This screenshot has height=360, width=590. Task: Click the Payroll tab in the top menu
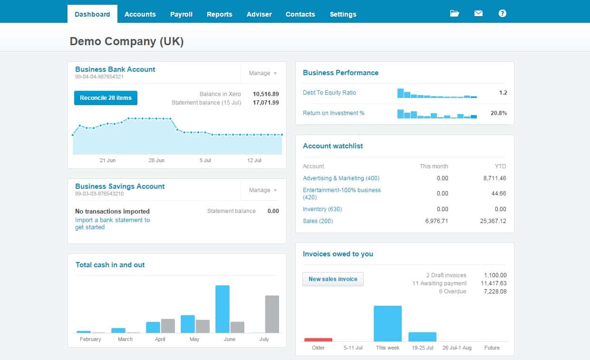pos(181,14)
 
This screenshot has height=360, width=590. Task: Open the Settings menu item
pos(343,14)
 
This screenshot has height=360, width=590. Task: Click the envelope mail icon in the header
pos(478,13)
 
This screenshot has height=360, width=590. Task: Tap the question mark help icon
pos(502,13)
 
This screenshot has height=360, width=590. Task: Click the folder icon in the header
pos(455,13)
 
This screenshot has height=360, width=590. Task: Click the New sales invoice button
pos(333,279)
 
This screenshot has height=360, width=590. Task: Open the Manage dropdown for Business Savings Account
pos(263,190)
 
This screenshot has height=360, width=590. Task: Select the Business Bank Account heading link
pos(115,69)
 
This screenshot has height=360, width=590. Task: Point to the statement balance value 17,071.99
pos(266,103)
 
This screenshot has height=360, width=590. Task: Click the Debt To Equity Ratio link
pos(329,93)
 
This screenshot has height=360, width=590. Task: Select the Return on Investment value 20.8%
pos(498,113)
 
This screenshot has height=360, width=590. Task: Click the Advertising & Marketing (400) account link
pos(341,178)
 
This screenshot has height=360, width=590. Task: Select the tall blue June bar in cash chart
pos(222,309)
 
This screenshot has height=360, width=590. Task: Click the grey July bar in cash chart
pos(272,314)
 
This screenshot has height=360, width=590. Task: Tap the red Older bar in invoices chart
pos(318,340)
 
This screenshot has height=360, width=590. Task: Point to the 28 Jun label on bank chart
pos(156,160)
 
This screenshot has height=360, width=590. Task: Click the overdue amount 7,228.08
pos(495,292)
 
